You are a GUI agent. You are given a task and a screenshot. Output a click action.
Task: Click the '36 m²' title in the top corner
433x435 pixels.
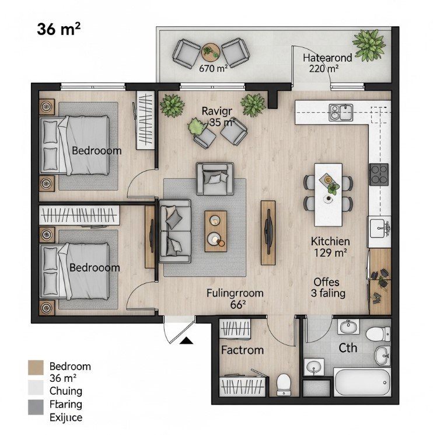pos(58,29)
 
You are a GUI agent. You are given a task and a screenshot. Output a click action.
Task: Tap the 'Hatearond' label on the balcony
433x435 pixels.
pos(327,58)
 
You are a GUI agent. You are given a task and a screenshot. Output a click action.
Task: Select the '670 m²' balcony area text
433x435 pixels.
pos(213,68)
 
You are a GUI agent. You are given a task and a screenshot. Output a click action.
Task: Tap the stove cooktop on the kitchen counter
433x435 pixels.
pos(379,174)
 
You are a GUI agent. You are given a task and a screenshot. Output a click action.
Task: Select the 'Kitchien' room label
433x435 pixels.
pos(330,241)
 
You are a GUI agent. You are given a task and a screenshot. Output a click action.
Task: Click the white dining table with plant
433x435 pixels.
pos(329,194)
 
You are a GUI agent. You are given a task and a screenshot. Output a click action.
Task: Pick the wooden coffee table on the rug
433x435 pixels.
pos(215,231)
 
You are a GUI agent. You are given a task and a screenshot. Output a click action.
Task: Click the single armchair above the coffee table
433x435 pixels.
pos(215,178)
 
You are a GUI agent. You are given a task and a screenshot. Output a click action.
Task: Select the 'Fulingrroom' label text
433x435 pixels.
pos(235,293)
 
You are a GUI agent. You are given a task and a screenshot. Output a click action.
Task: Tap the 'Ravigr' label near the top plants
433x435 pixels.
pos(217,111)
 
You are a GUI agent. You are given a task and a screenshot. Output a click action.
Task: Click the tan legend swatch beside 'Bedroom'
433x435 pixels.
pos(36,367)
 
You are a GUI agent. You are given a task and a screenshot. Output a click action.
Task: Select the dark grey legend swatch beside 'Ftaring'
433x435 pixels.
pos(36,405)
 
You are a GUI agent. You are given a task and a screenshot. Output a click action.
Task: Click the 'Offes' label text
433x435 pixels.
pos(326,282)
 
